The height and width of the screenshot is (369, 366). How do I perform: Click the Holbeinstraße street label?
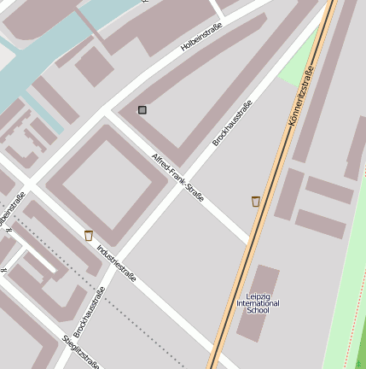pyautogui.click(x=201, y=38)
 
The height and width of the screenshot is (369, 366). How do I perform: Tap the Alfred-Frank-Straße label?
pyautogui.click(x=177, y=178)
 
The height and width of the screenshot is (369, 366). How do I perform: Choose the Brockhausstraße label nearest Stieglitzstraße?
pyautogui.click(x=90, y=312)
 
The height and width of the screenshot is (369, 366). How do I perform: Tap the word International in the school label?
pyautogui.click(x=258, y=303)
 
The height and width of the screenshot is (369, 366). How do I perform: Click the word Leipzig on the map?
pyautogui.click(x=258, y=296)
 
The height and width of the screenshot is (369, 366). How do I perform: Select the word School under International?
pyautogui.click(x=258, y=311)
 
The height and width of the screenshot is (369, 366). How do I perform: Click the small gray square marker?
pyautogui.click(x=142, y=109)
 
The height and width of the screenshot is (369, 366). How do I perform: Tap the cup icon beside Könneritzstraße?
pyautogui.click(x=255, y=201)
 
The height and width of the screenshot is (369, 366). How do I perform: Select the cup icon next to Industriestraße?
pyautogui.click(x=89, y=235)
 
